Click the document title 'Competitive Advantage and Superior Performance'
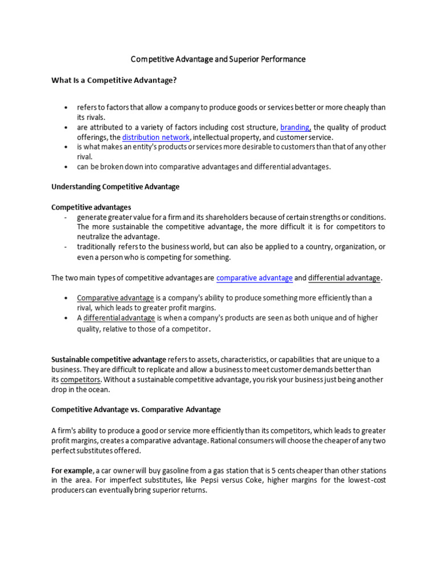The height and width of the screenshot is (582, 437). point(218,59)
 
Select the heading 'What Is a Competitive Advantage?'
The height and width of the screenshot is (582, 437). point(114,80)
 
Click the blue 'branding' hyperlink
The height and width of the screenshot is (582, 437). point(295,127)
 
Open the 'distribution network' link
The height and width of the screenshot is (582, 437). point(156,137)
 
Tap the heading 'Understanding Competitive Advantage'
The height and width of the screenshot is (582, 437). point(116,186)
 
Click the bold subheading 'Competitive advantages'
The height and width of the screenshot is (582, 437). point(91,207)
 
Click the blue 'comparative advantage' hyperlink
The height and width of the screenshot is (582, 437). point(254,278)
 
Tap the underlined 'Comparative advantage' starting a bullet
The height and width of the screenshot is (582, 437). point(116,298)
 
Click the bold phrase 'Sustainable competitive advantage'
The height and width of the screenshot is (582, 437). point(109,360)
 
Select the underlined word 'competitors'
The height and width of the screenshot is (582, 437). point(81,379)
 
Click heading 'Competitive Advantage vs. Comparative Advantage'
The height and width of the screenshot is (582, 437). point(136,409)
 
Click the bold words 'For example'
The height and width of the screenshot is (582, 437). point(72,471)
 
